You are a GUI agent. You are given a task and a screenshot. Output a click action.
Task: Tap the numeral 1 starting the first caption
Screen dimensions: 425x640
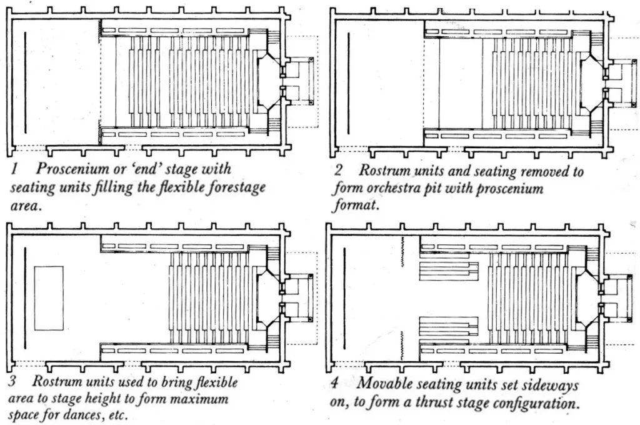(13, 169)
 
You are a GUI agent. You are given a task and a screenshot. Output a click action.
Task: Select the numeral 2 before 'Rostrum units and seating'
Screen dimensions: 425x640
(339, 171)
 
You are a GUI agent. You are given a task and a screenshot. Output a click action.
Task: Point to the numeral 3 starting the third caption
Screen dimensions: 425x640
(12, 381)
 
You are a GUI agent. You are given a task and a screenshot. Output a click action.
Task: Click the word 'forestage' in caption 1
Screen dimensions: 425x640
(236, 187)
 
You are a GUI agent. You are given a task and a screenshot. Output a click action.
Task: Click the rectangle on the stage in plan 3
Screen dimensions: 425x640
(49, 297)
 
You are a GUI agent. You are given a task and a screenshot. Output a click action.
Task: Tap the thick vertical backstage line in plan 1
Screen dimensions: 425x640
(25, 83)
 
